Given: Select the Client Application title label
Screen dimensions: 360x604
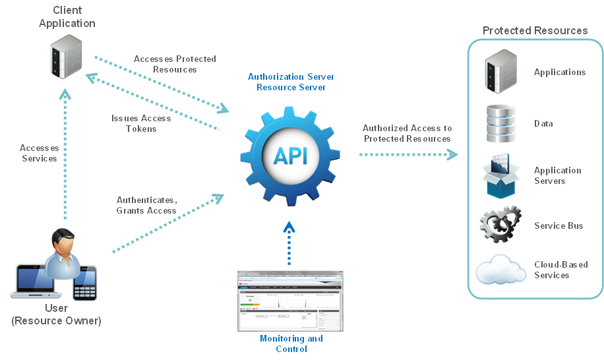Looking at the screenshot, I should (67, 17).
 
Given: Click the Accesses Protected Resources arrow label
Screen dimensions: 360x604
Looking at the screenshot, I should (175, 64).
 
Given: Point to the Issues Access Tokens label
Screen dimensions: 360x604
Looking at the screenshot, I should (141, 123).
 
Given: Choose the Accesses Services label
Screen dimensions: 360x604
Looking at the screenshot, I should (39, 153).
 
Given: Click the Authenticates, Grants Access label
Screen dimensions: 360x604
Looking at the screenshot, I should (146, 205).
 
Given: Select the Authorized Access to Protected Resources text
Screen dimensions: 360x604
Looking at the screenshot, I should (407, 133).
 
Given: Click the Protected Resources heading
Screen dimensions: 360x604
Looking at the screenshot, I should (535, 30).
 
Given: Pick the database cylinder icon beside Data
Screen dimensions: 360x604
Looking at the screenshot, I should (500, 123).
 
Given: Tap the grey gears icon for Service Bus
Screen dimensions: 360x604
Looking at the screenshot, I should (500, 225).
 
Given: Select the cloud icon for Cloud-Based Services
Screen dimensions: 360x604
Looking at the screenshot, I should (500, 270).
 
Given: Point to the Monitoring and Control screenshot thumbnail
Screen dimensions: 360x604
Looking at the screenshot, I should (291, 300).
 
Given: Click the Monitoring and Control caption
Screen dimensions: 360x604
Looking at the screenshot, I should (291, 344).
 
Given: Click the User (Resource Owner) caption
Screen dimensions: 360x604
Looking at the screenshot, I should (56, 315).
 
